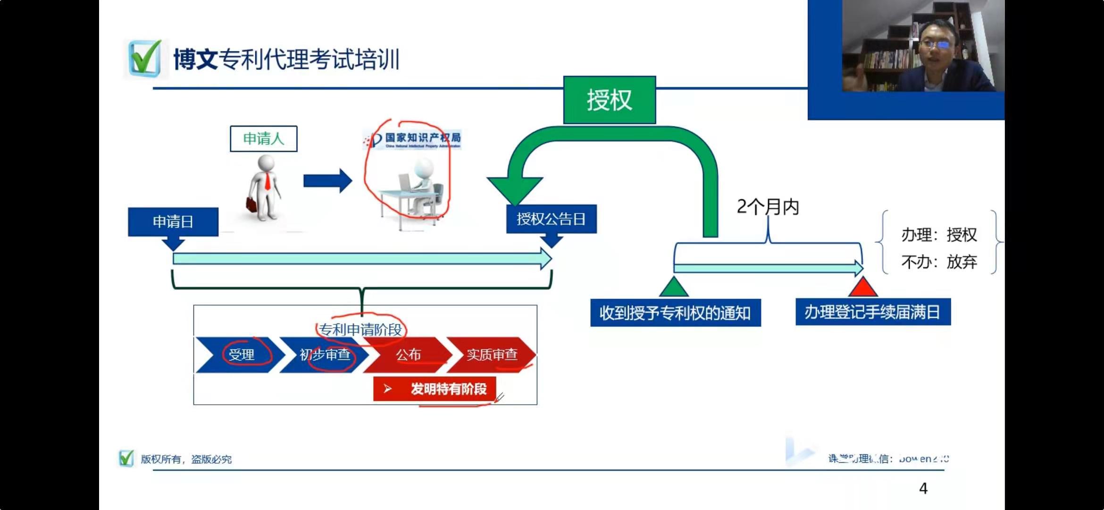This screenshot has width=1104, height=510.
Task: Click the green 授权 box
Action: click(609, 100)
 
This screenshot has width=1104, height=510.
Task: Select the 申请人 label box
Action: click(263, 139)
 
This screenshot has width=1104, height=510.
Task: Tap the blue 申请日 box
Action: click(173, 221)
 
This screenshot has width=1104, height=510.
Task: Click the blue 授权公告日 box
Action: click(551, 219)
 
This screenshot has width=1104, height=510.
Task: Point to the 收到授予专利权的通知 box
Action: click(675, 313)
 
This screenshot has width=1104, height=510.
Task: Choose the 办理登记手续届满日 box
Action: click(873, 312)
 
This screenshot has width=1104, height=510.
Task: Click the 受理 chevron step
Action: click(241, 355)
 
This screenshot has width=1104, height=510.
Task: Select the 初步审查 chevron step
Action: click(325, 355)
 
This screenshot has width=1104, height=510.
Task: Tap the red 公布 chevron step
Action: click(408, 355)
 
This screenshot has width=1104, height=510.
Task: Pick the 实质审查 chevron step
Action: click(492, 355)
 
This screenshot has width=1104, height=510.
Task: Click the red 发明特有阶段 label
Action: click(435, 389)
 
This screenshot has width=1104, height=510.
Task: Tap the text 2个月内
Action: click(768, 207)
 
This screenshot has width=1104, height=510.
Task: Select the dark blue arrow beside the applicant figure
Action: click(327, 181)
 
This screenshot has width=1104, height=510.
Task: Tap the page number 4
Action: click(923, 488)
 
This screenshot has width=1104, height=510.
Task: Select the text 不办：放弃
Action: click(939, 262)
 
